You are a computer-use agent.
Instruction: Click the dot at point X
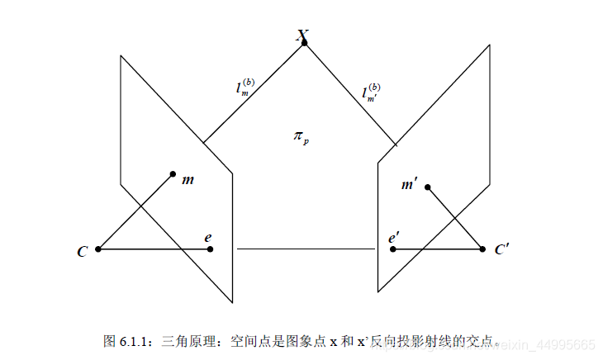(305, 42)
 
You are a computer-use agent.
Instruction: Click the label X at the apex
(302, 34)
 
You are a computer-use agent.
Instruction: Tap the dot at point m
(173, 173)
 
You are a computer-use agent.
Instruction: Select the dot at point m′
(428, 187)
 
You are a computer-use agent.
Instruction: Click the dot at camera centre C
(98, 249)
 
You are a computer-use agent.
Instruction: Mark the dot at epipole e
(211, 249)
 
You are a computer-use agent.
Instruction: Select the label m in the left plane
(188, 178)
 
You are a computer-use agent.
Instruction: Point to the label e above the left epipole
(209, 238)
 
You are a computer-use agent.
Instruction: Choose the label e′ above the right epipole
(394, 238)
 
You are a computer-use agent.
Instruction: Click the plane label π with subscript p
(301, 136)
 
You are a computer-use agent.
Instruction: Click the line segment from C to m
(135, 211)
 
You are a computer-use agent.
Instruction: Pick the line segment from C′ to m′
(455, 218)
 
